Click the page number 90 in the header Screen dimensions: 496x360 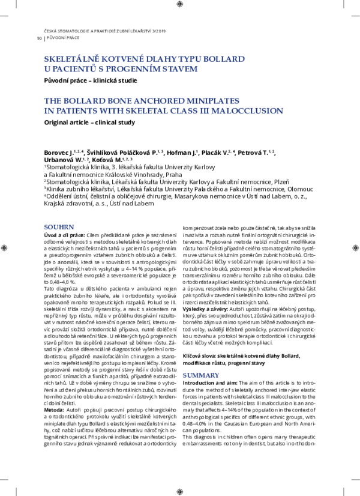[39, 38]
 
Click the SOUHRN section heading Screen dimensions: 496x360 [60, 227]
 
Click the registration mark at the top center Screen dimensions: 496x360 [180, 4]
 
